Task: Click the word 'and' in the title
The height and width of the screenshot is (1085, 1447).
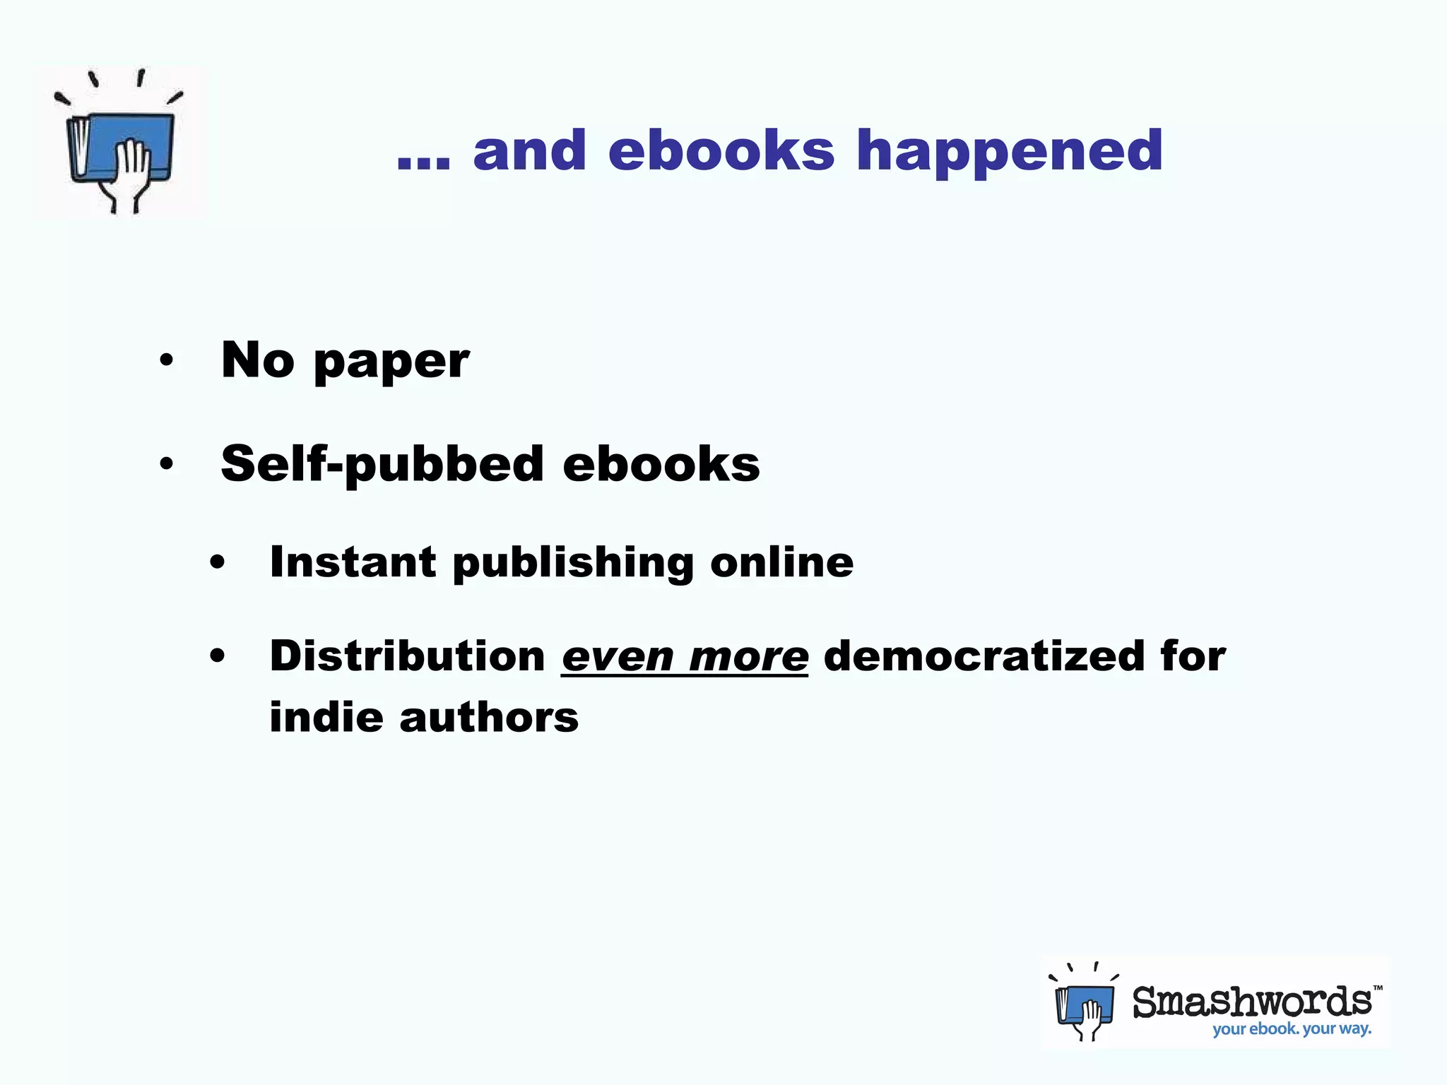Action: (530, 151)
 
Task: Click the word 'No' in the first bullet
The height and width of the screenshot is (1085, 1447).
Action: (257, 360)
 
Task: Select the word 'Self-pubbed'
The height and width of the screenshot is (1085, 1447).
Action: (382, 465)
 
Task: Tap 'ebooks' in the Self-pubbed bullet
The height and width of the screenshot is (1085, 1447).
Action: (661, 465)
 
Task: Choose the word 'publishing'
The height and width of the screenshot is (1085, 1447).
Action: (573, 564)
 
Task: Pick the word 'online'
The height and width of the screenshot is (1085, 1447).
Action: (781, 562)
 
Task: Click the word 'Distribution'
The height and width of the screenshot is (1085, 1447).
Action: (408, 656)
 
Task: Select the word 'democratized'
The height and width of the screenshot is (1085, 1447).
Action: (984, 656)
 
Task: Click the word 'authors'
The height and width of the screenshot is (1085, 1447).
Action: (489, 718)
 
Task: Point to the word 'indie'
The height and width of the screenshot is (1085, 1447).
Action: (325, 718)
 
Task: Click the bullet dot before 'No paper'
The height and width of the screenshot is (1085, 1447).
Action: (166, 360)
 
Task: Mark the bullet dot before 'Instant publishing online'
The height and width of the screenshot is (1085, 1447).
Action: (217, 563)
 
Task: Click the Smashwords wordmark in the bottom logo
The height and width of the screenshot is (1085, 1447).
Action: (1252, 1002)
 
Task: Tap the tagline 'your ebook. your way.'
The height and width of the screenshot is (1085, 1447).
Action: (1292, 1029)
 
